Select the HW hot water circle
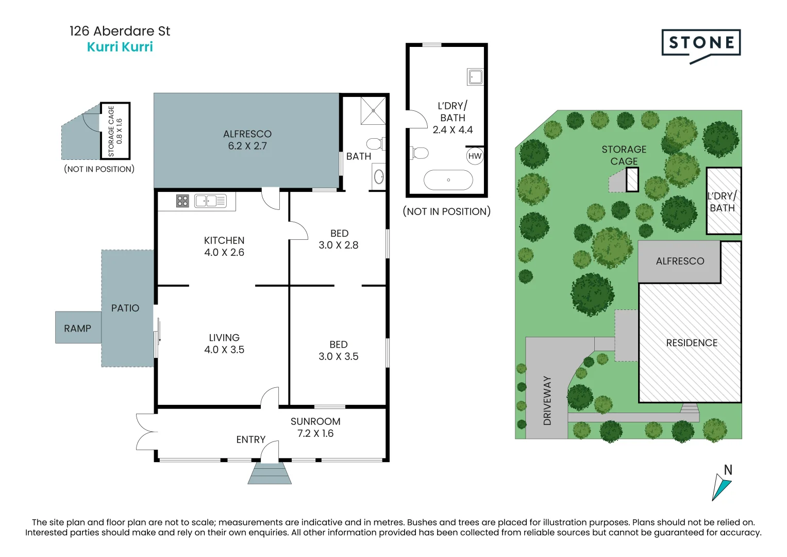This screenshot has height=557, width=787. [475, 156]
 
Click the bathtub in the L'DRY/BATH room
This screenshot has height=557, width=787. [448, 180]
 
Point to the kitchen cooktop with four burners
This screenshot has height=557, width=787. [182, 201]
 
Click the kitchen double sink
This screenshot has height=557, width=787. [210, 201]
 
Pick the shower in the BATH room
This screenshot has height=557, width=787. [373, 111]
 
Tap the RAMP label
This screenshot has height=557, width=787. [78, 329]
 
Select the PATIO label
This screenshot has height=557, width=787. [125, 308]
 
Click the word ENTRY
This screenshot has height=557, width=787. [250, 439]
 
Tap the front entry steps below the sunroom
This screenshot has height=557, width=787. [270, 473]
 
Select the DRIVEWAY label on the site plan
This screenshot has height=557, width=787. [547, 401]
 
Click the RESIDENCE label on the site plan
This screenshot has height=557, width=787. [692, 343]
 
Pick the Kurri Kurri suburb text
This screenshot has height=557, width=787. [120, 47]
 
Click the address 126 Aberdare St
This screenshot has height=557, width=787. [120, 31]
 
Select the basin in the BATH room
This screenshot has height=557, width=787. [379, 177]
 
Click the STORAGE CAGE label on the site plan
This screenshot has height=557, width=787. [624, 155]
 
